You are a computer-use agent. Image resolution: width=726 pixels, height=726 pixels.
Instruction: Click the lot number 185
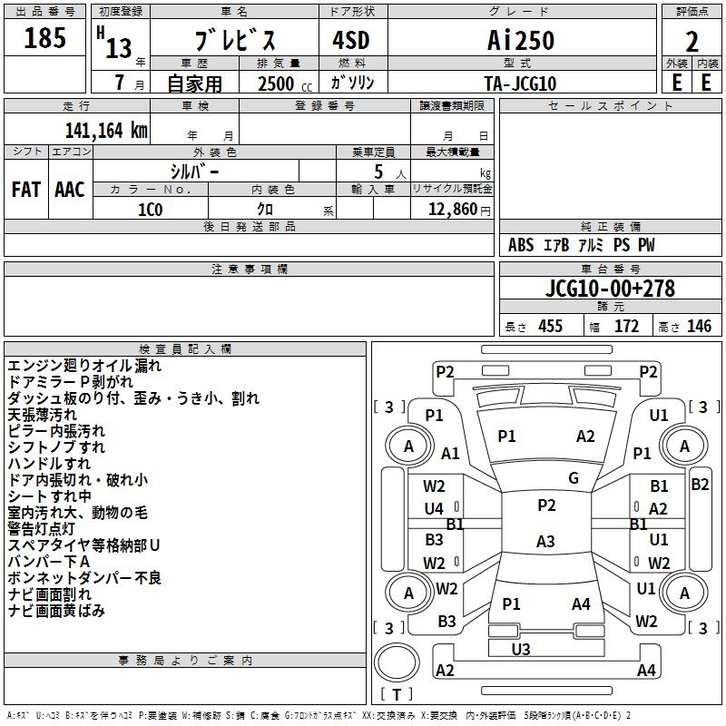pyautogui.click(x=44, y=37)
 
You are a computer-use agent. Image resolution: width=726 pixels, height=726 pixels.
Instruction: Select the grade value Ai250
pyautogui.click(x=521, y=40)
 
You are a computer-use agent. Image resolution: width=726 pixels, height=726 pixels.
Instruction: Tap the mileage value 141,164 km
pyautogui.click(x=106, y=130)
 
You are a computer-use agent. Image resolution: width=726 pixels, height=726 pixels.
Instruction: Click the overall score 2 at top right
pyautogui.click(x=692, y=42)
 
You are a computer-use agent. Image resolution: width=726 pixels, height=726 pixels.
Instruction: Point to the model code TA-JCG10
pyautogui.click(x=520, y=83)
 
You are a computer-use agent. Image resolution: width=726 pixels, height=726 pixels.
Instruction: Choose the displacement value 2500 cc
pyautogui.click(x=285, y=83)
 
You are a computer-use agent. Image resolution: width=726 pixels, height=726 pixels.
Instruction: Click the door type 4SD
pyautogui.click(x=351, y=40)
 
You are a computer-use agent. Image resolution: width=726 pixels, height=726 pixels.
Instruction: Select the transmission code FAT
pyautogui.click(x=26, y=190)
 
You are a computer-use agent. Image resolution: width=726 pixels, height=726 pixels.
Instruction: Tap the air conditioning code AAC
pyautogui.click(x=70, y=190)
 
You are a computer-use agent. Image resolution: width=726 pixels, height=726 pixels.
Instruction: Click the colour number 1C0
pyautogui.click(x=151, y=210)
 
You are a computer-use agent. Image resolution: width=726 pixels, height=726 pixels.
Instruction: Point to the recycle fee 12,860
pyautogui.click(x=453, y=210)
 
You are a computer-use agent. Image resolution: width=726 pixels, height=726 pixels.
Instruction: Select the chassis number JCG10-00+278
pyautogui.click(x=610, y=288)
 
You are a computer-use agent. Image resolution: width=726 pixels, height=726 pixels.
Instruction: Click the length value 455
pyautogui.click(x=551, y=326)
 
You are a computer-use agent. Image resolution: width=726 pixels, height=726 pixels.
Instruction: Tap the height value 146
pyautogui.click(x=699, y=326)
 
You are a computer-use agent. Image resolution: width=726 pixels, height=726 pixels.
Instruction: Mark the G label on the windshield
pyautogui.click(x=574, y=478)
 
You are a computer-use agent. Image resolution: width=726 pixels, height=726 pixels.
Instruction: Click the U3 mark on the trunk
pyautogui.click(x=521, y=649)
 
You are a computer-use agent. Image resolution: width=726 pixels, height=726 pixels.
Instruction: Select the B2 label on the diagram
pyautogui.click(x=700, y=485)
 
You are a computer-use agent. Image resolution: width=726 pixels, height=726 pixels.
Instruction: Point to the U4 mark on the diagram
pyautogui.click(x=434, y=509)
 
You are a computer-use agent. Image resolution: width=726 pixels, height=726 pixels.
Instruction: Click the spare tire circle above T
pyautogui.click(x=397, y=662)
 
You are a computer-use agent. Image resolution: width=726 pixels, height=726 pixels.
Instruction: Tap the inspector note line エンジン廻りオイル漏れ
pyautogui.click(x=84, y=366)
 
